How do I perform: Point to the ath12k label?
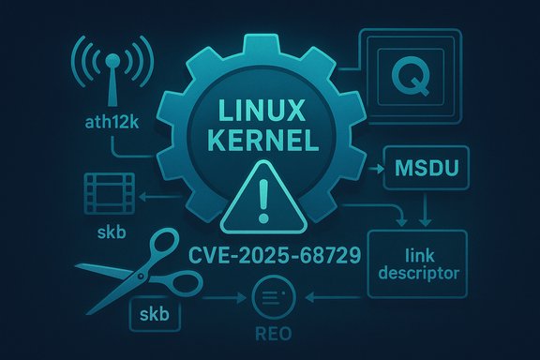click(106, 123)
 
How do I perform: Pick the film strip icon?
click(105, 192)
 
